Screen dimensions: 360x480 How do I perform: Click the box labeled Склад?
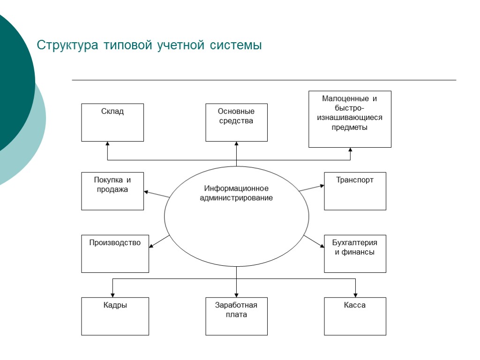[112, 122]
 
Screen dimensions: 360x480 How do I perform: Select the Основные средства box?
[236, 122]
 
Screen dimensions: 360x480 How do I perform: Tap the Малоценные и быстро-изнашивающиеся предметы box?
[350, 119]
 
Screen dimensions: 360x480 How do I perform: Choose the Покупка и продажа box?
[112, 191]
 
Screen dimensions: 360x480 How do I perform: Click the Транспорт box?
[355, 191]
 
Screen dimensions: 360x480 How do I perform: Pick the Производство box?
[115, 254]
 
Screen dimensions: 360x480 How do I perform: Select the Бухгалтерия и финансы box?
[355, 254]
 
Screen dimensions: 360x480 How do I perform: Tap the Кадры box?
[115, 316]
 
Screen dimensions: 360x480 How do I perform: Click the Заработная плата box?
[236, 316]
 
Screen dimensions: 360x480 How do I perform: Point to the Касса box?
[355, 316]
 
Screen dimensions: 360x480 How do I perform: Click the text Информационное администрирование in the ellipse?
[236, 193]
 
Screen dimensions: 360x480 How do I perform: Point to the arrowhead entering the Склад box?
[108, 144]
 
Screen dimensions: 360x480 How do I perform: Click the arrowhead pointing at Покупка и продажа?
[146, 191]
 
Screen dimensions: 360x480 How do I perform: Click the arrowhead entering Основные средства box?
[236, 144]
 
